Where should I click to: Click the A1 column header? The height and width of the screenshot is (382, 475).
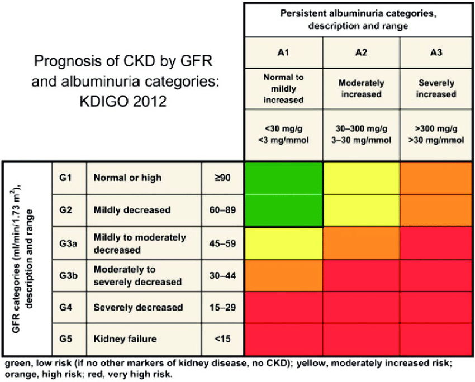[283, 52]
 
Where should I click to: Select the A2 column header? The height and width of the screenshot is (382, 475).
[361, 52]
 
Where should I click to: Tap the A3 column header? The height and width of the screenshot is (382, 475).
[436, 52]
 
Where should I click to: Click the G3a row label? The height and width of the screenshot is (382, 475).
[68, 243]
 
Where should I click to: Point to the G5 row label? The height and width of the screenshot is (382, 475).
[66, 338]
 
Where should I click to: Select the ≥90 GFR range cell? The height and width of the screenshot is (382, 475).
[222, 178]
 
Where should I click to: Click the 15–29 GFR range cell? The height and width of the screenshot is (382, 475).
[222, 307]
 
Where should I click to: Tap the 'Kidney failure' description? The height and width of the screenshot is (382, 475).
[125, 338]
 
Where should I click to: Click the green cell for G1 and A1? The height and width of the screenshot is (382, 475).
[283, 178]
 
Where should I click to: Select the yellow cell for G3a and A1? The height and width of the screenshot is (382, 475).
[283, 243]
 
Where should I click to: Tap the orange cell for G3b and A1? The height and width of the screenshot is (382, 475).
[283, 275]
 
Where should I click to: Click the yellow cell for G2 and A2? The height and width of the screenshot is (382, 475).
[362, 211]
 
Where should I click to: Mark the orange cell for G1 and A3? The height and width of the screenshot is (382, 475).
[436, 178]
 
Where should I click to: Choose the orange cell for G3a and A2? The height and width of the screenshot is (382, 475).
[362, 243]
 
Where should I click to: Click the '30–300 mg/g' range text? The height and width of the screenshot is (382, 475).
[362, 129]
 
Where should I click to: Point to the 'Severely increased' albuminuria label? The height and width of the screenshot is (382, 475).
[436, 88]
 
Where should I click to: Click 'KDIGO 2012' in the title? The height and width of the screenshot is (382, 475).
[123, 101]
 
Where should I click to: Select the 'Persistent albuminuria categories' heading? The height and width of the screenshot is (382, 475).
[358, 14]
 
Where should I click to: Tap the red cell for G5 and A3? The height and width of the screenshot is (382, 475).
[436, 339]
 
